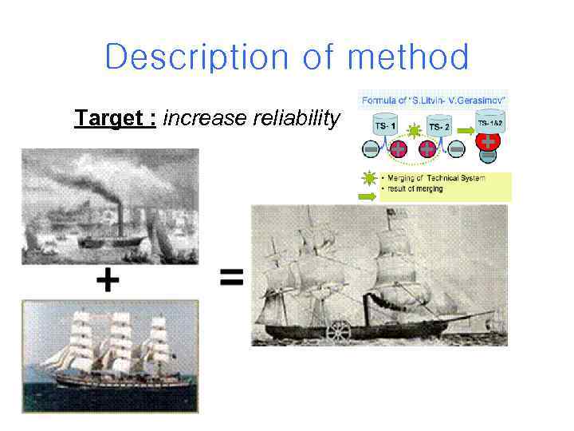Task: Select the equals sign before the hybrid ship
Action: [230, 278]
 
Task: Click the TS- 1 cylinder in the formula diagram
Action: [387, 126]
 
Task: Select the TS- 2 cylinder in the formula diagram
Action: [439, 126]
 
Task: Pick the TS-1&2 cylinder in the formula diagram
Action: [489, 122]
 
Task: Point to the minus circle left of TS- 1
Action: [372, 148]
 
